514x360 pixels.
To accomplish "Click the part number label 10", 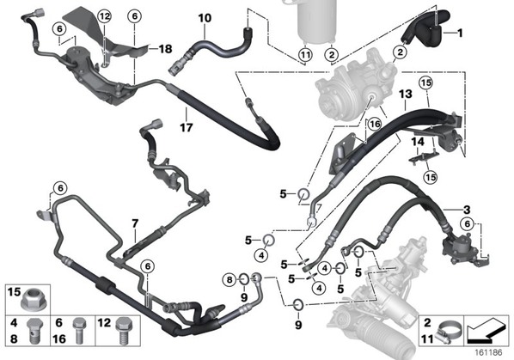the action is (205, 18).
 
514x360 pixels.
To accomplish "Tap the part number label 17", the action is (187, 127).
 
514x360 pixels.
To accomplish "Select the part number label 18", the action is (165, 49).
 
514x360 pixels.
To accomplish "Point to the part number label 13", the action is (405, 94).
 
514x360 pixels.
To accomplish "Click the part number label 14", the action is (418, 142).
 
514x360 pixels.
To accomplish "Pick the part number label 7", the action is (135, 223).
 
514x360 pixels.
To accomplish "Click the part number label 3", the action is (467, 210).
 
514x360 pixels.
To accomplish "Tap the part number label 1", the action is (460, 33).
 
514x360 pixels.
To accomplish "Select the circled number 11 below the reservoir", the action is (305, 54).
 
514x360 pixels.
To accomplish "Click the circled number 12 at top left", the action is (105, 16).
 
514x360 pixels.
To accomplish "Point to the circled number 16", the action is (375, 124).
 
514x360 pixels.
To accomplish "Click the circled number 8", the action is (229, 279).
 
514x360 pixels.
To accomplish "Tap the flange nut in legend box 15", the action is (34, 300).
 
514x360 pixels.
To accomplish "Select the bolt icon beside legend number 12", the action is (123, 330).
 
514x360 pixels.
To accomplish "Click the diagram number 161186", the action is (488, 352).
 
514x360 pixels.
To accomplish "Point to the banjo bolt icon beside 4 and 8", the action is (34, 331).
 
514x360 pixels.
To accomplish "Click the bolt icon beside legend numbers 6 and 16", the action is (79, 331).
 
